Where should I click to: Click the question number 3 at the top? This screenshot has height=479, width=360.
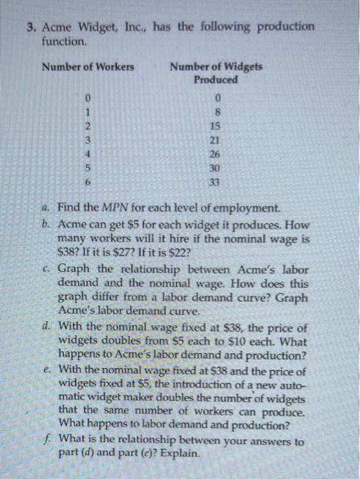31,27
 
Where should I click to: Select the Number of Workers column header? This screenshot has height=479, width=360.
88,66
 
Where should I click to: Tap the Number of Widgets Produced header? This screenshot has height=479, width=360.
216,73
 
